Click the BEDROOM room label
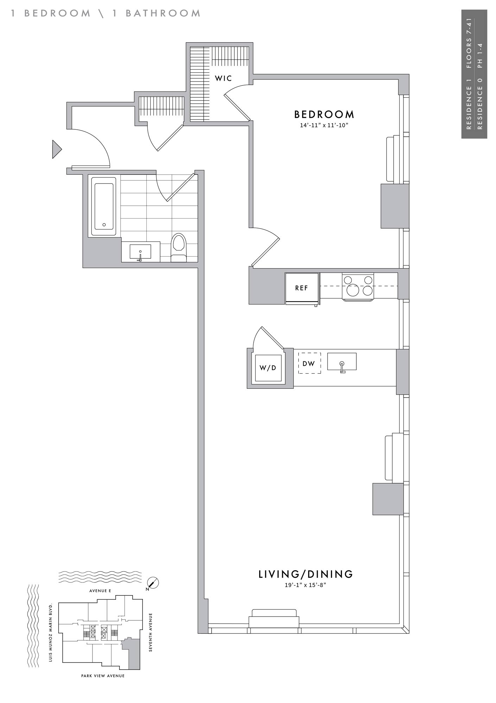click(324, 115)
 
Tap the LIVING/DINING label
click(306, 574)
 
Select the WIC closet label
click(223, 78)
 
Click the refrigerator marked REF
click(302, 288)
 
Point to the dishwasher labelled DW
click(310, 363)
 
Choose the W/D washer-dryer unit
click(268, 368)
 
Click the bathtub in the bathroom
click(104, 206)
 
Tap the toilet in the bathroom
click(178, 248)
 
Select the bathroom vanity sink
click(140, 252)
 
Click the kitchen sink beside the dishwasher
click(342, 362)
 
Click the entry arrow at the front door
click(57, 149)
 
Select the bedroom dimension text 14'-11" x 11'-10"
click(324, 125)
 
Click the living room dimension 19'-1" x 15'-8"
click(306, 585)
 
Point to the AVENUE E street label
click(100, 591)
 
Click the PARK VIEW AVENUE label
click(103, 676)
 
